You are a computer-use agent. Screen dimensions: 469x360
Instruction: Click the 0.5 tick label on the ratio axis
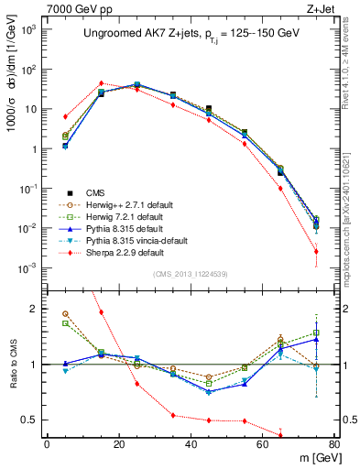pyautogui.click(x=30, y=420)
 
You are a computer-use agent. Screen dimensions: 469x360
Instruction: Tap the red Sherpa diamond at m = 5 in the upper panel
pyautogui.click(x=65, y=116)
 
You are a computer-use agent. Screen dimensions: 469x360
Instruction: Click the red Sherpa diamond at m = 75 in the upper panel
pyautogui.click(x=316, y=251)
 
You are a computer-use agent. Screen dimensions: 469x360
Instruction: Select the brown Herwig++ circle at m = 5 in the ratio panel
pyautogui.click(x=65, y=313)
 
